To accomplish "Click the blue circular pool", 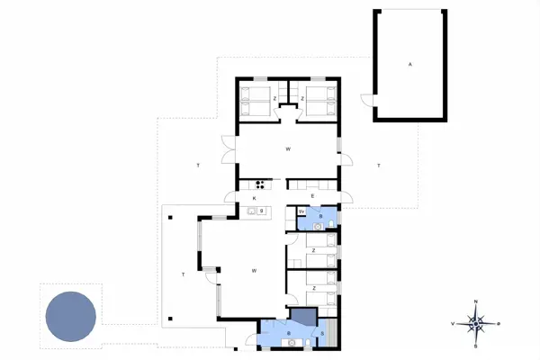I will (x=70, y=316).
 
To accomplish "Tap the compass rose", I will (x=477, y=321).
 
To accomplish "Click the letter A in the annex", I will (x=409, y=65).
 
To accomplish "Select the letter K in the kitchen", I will (x=255, y=197).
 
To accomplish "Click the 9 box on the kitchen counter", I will (x=262, y=211).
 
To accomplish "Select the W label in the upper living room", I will (x=288, y=148).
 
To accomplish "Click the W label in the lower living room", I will (x=255, y=270).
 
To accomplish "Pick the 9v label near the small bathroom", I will (x=301, y=211).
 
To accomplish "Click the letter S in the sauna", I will (x=322, y=334).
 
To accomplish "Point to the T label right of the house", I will (x=380, y=166).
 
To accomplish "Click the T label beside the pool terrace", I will (x=183, y=274).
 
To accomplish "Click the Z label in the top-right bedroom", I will (x=302, y=96).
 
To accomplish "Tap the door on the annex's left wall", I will (x=366, y=101).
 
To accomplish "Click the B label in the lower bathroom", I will (x=288, y=334).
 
